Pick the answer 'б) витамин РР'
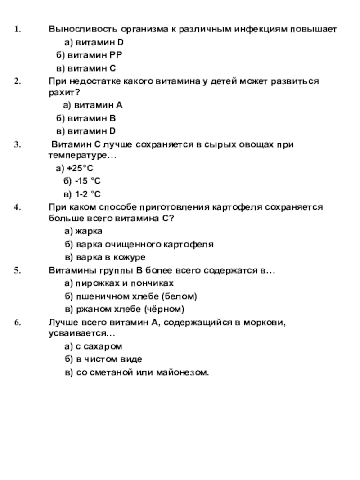[89, 55]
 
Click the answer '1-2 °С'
[87, 194]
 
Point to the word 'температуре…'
[82, 155]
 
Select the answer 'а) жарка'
[83, 231]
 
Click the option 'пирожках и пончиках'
[124, 283]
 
